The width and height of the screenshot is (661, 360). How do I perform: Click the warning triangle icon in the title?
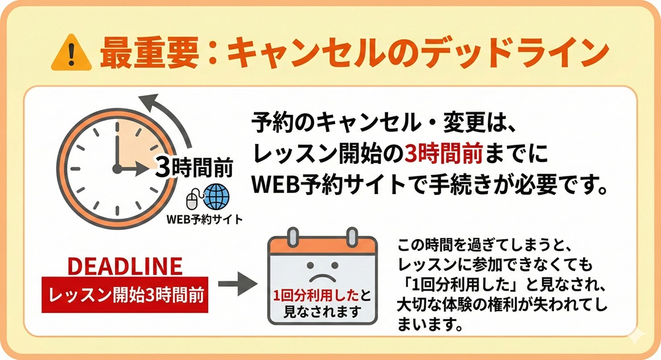71,51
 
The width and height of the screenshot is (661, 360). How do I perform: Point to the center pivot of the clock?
117,169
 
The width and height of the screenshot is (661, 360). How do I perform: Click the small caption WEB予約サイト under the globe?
204,219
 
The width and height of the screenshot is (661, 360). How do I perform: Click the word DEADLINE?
126,267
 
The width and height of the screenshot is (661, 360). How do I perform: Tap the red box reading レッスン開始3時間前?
125,291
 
